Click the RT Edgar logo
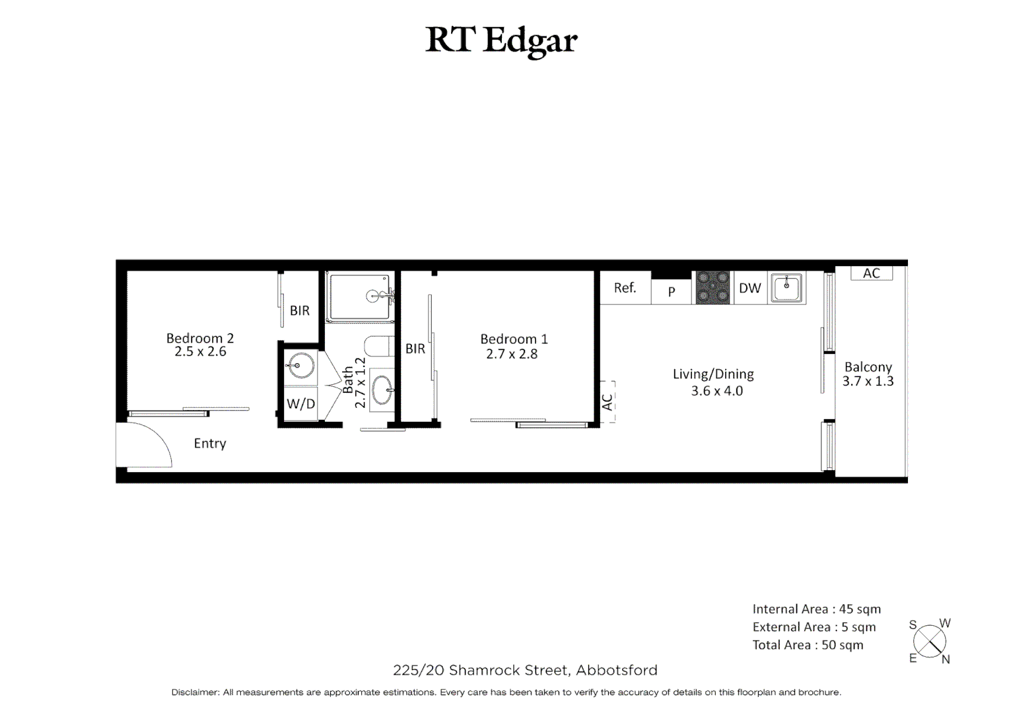tap(501, 40)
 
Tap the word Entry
tap(210, 444)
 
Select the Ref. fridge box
tap(625, 288)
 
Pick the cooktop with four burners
tap(713, 288)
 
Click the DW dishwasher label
tap(749, 289)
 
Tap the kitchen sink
tap(786, 287)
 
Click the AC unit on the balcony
tap(871, 273)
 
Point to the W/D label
tap(300, 403)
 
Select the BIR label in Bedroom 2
tap(299, 310)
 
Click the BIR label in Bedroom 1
tap(415, 349)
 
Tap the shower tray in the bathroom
tap(359, 297)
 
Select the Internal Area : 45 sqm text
tap(816, 609)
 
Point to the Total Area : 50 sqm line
tap(808, 645)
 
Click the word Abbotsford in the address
tap(617, 671)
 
